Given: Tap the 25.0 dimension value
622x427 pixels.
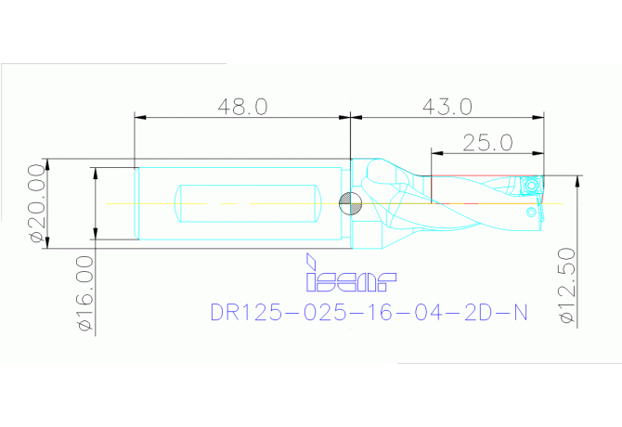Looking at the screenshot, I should (x=487, y=142).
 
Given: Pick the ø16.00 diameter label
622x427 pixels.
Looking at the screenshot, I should (x=84, y=294).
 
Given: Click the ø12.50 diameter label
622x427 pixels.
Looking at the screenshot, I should (x=570, y=286).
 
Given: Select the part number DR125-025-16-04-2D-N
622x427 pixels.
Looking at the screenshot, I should (x=369, y=313).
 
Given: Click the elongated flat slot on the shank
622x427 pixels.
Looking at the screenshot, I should (x=249, y=202).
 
